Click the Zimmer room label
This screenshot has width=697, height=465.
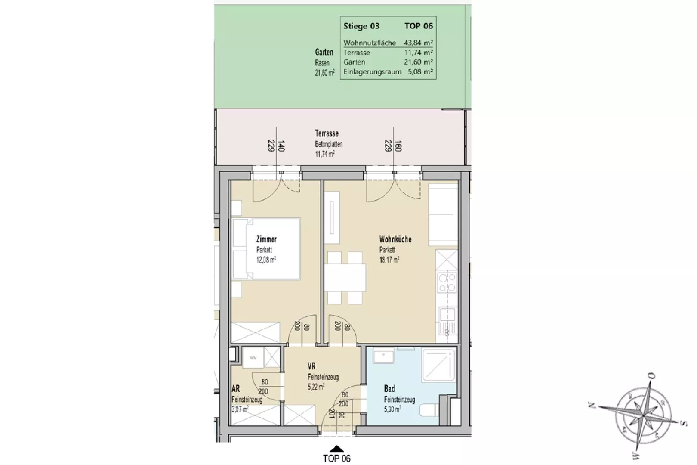[x=266, y=239]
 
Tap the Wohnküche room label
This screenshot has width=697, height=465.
[x=395, y=239]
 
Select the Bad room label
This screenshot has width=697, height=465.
[x=389, y=389]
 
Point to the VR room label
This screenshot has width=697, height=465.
[x=311, y=366]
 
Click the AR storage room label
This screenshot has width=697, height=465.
[x=236, y=389]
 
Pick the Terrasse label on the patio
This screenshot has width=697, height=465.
[x=327, y=133]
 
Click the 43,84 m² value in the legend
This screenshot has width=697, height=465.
[x=418, y=43]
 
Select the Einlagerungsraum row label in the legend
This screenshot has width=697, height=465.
[x=372, y=71]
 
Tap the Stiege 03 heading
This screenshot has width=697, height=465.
[x=361, y=26]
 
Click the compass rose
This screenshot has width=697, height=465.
[x=642, y=415]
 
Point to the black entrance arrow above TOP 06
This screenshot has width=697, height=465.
[x=337, y=449]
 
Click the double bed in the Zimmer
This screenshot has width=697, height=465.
[x=266, y=248]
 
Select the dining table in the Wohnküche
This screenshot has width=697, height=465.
[x=345, y=278]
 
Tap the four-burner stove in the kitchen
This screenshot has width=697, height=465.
[x=447, y=283]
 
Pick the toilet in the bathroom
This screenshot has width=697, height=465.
[x=429, y=410]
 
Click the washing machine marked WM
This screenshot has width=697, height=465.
[x=253, y=357]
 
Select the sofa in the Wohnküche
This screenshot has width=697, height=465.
[x=443, y=214]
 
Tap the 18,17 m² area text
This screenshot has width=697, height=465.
[x=389, y=260]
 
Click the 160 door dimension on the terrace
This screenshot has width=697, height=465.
[x=398, y=146]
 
